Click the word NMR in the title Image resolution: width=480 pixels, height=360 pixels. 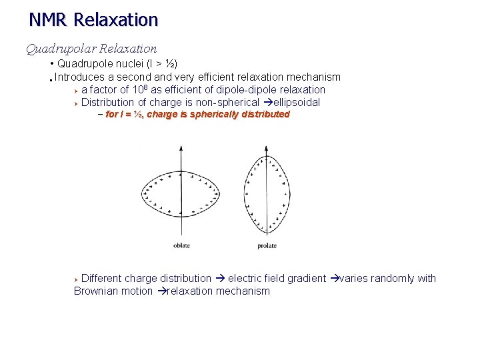48,20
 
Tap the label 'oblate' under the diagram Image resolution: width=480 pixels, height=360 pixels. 181,245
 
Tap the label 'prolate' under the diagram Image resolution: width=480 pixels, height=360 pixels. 267,245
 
